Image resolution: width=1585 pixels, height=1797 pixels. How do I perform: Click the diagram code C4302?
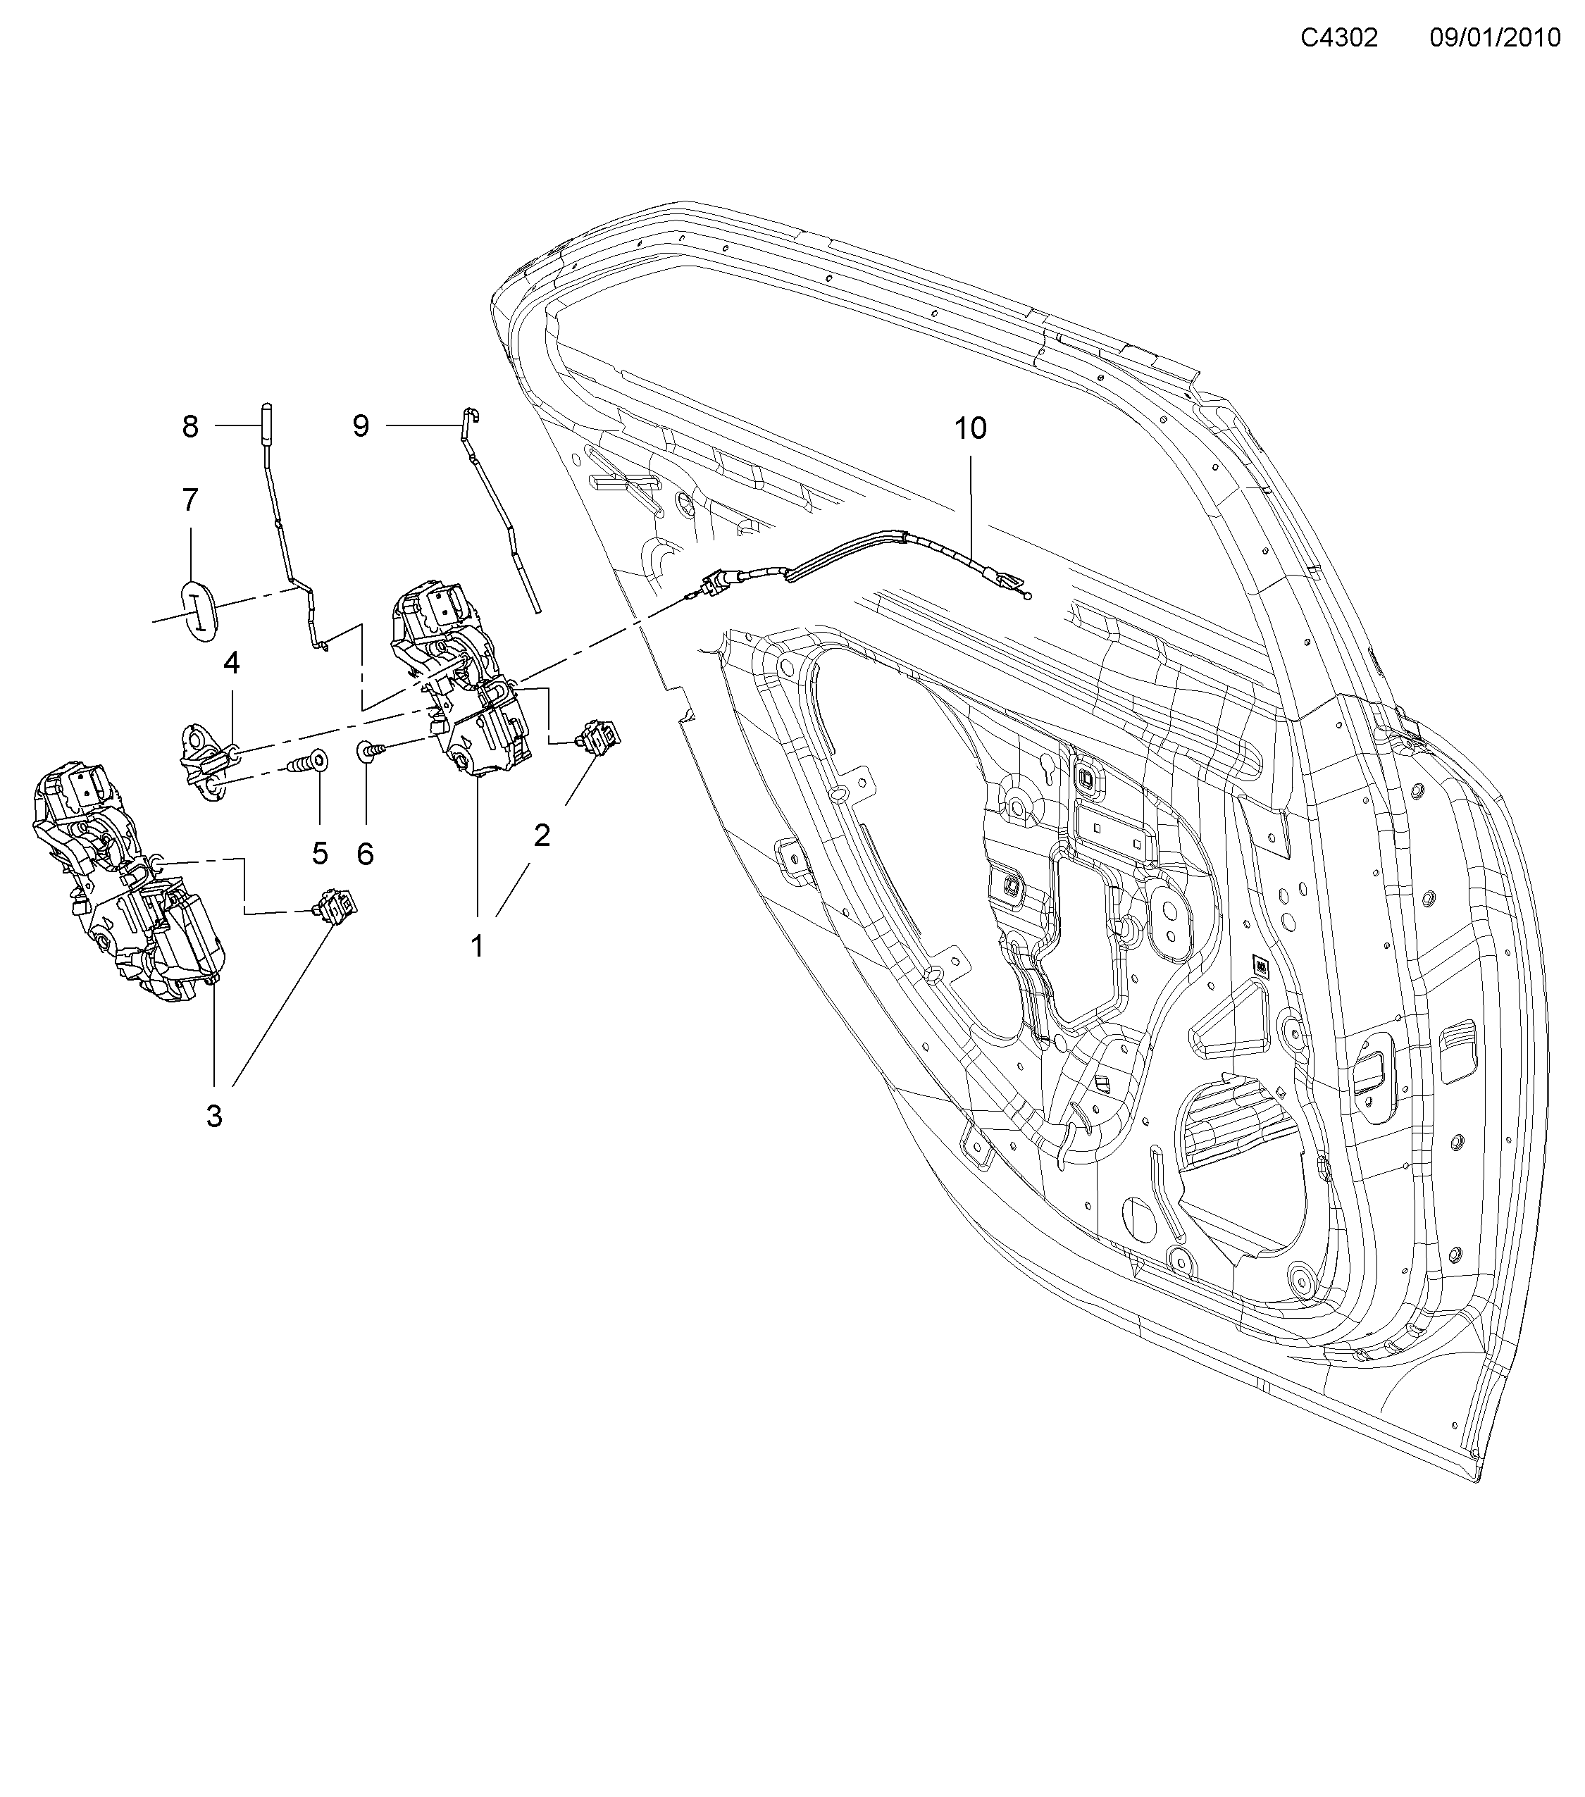[x=1339, y=38]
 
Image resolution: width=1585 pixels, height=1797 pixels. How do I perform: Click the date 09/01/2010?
[x=1494, y=38]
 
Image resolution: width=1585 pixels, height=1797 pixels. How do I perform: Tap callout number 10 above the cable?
[x=971, y=429]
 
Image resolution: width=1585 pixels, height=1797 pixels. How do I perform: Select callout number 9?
[x=361, y=426]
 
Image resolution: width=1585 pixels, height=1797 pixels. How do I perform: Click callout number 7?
[x=191, y=500]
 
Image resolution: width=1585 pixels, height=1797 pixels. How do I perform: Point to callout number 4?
[x=231, y=663]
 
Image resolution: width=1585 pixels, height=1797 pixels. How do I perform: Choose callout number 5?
[x=319, y=853]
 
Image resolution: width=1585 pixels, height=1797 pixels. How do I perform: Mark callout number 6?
[x=365, y=854]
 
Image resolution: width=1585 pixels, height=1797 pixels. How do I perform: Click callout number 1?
[x=478, y=947]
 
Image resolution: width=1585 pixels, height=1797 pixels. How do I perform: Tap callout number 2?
[x=542, y=835]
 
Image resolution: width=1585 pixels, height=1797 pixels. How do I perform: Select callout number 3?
[x=214, y=1117]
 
